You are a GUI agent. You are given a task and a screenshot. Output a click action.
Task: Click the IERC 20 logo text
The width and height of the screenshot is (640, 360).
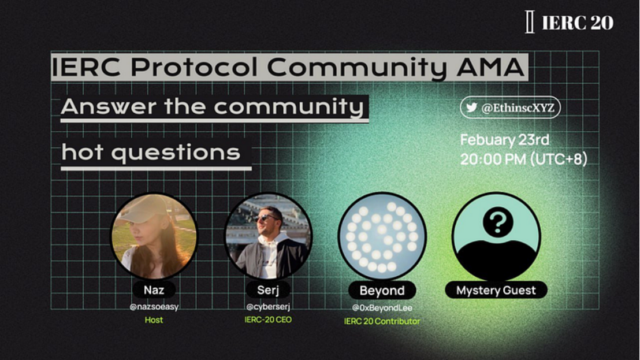(577, 23)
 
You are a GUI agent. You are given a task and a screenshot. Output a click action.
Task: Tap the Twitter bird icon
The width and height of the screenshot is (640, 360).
(471, 107)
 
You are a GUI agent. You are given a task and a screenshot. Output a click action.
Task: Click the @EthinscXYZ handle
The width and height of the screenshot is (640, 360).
(518, 107)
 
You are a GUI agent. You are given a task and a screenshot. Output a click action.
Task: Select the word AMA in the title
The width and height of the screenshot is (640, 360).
(490, 67)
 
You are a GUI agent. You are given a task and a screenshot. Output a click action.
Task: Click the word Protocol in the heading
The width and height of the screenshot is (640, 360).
(194, 67)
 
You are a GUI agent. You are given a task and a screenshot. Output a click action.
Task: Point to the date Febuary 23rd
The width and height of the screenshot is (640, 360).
(504, 140)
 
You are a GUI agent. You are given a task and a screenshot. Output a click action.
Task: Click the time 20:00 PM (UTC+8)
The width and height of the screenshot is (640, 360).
(524, 159)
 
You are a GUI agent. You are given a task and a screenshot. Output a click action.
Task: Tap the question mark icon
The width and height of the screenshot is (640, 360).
(497, 222)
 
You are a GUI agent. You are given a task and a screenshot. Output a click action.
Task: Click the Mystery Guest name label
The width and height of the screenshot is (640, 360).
(496, 290)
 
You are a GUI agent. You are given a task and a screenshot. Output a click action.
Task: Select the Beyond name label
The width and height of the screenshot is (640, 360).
(382, 291)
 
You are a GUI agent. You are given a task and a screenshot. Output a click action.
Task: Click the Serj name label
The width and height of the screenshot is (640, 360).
(268, 290)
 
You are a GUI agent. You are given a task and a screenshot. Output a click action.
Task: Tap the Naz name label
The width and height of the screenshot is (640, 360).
(154, 290)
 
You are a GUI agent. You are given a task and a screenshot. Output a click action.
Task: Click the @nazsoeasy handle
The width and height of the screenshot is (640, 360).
(154, 307)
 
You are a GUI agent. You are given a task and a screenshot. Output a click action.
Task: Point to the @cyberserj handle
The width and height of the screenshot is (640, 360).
(268, 307)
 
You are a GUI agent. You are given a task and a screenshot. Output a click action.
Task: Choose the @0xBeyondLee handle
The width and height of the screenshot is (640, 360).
(382, 308)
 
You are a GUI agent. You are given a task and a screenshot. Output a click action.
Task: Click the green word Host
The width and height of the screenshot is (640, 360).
(154, 320)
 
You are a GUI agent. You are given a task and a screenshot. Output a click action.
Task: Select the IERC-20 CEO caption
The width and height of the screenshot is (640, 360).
(268, 320)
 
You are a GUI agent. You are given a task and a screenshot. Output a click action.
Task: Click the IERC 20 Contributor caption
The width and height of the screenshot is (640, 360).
(382, 321)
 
